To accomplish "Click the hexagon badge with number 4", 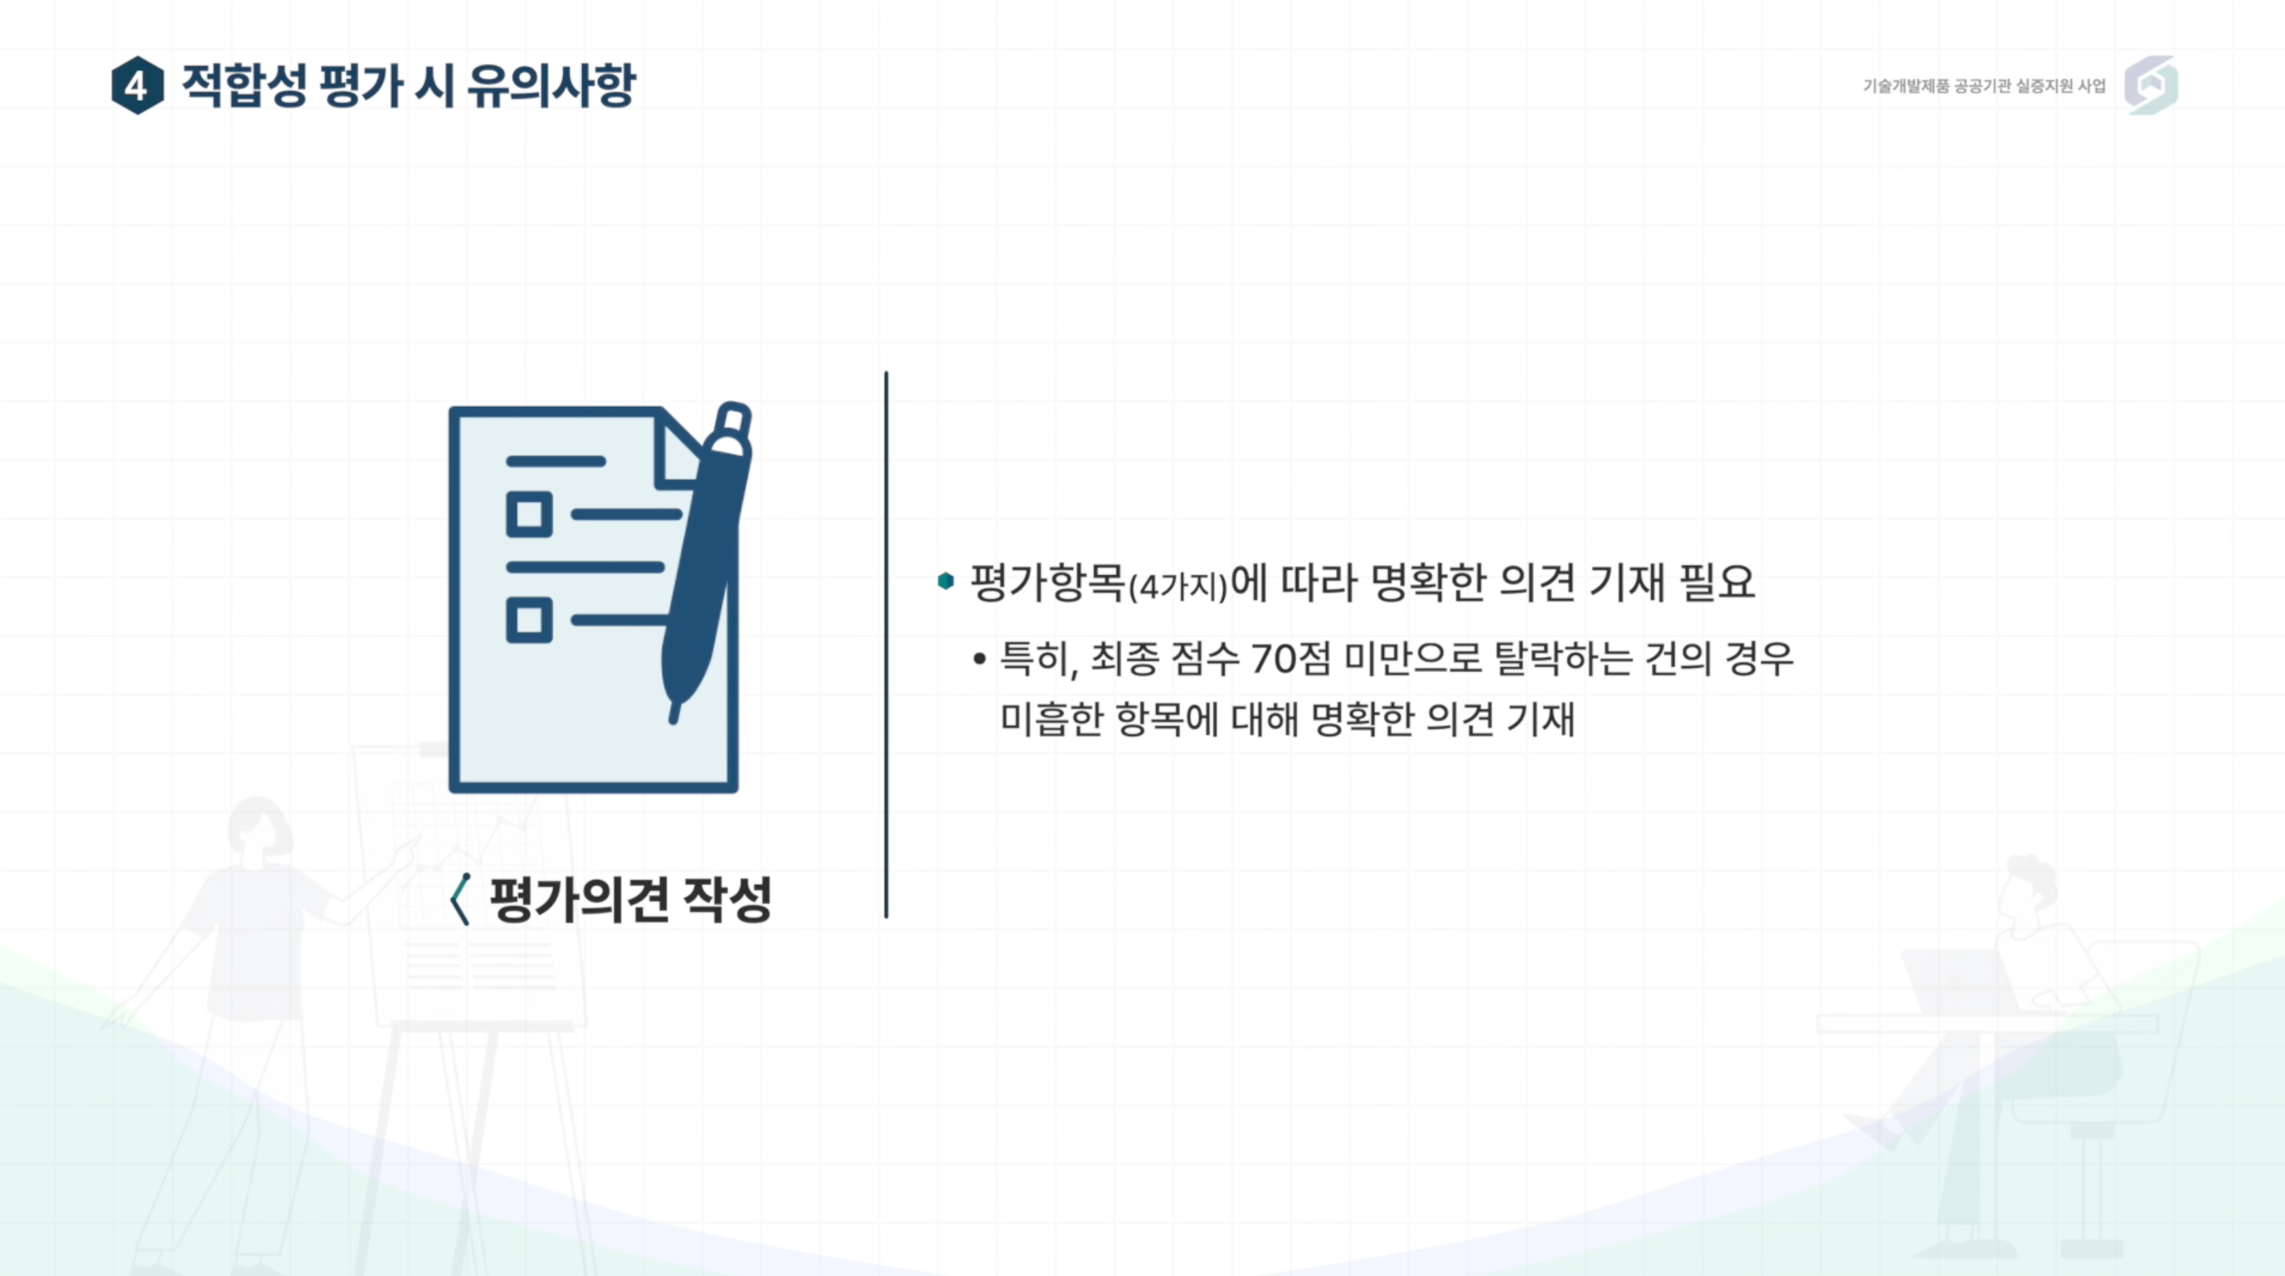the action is click(x=138, y=85).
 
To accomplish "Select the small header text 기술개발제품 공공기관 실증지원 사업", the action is click(x=1984, y=86).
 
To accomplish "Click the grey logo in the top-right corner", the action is click(x=2151, y=85).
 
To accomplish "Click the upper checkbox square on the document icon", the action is click(x=529, y=515).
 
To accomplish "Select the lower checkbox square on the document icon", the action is click(x=529, y=619).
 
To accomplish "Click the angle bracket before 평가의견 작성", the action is click(x=460, y=899).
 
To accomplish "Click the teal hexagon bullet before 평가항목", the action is click(x=945, y=581).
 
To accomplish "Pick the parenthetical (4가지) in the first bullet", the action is click(x=1178, y=586).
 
